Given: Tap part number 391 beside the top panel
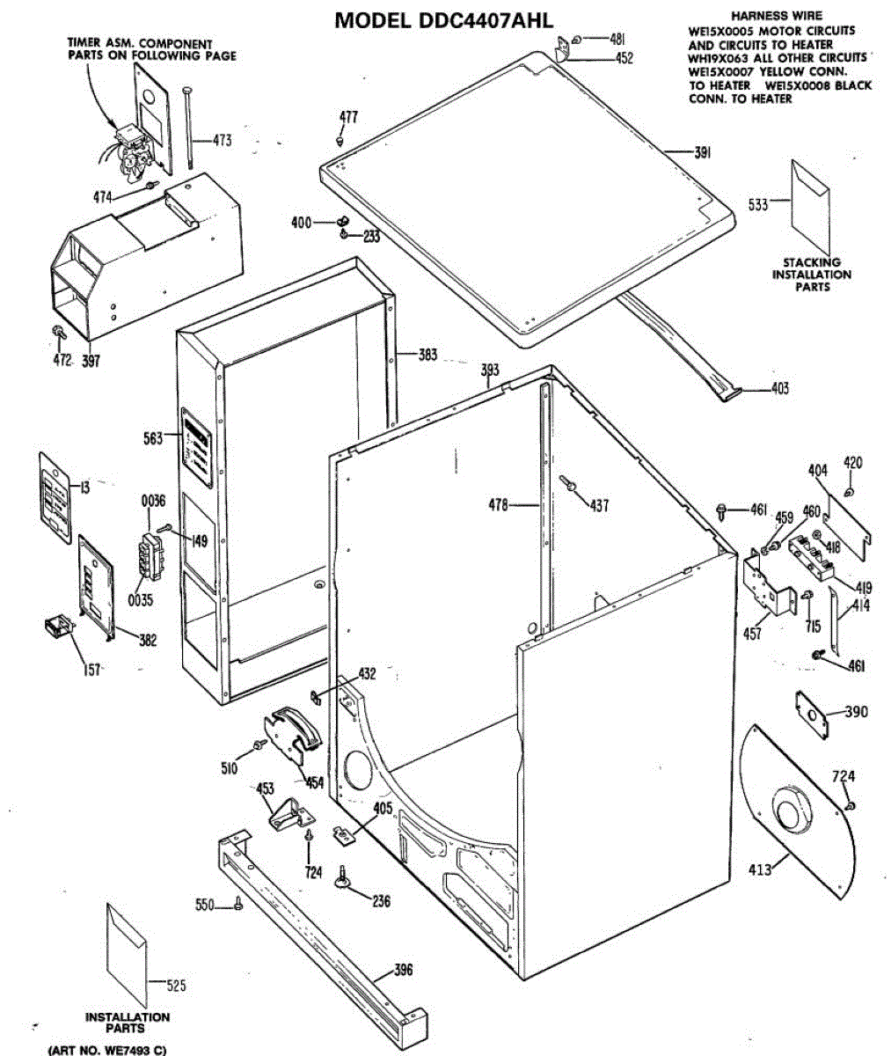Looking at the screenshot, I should tap(702, 153).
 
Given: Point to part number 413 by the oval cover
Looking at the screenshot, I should tap(760, 870).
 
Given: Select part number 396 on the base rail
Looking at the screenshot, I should tap(402, 971).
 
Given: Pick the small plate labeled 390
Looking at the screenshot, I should tap(813, 712).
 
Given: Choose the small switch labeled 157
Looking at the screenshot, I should tap(58, 629).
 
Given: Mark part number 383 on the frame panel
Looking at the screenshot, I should tap(427, 356).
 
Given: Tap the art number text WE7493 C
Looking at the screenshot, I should tap(106, 1050).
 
